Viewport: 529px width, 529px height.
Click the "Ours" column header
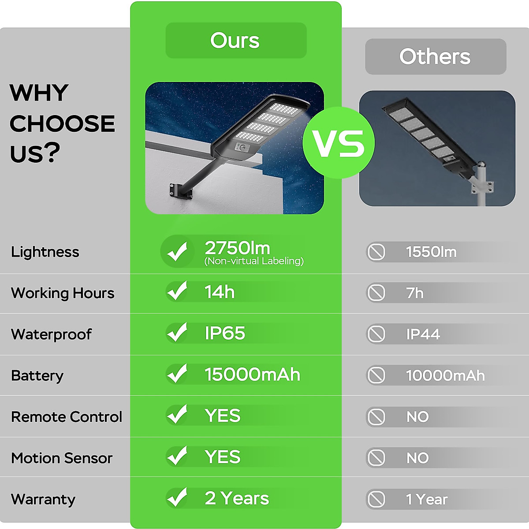pyautogui.click(x=235, y=41)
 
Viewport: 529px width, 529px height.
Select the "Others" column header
pyautogui.click(x=435, y=56)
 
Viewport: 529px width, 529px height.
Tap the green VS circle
pyautogui.click(x=339, y=143)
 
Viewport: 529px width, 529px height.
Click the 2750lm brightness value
pyautogui.click(x=237, y=248)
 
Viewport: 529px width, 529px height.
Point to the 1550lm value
pyautogui.click(x=431, y=252)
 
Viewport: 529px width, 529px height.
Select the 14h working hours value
pyautogui.click(x=220, y=292)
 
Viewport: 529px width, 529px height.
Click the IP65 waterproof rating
pyautogui.click(x=225, y=333)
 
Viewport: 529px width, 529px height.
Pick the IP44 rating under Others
pyautogui.click(x=423, y=334)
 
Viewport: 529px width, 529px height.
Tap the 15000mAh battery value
pyautogui.click(x=252, y=375)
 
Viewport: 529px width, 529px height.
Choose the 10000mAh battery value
pyautogui.click(x=445, y=376)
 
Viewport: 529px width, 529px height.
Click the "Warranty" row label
pyautogui.click(x=43, y=499)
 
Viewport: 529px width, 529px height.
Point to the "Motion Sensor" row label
pyautogui.click(x=62, y=458)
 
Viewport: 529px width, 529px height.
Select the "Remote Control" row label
pyautogui.click(x=67, y=417)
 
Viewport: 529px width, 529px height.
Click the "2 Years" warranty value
pyautogui.click(x=237, y=499)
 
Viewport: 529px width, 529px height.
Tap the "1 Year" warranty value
pyautogui.click(x=427, y=499)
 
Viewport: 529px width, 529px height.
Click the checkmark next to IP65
pyautogui.click(x=177, y=333)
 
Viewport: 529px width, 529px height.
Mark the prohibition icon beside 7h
pyautogui.click(x=376, y=293)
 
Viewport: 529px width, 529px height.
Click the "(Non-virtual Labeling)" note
pyautogui.click(x=254, y=261)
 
